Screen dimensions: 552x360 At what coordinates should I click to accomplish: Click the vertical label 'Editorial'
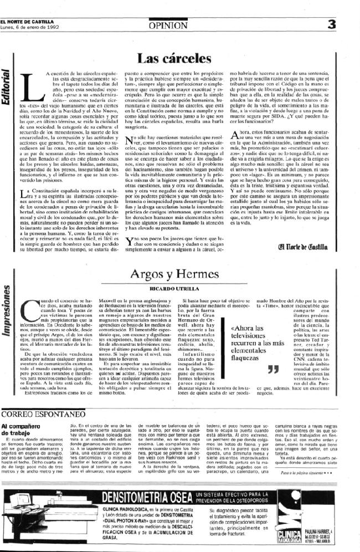(x=7, y=88)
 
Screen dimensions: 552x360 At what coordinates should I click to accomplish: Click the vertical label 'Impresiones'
(x=7, y=318)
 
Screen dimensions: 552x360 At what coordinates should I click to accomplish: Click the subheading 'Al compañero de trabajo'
(x=22, y=430)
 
